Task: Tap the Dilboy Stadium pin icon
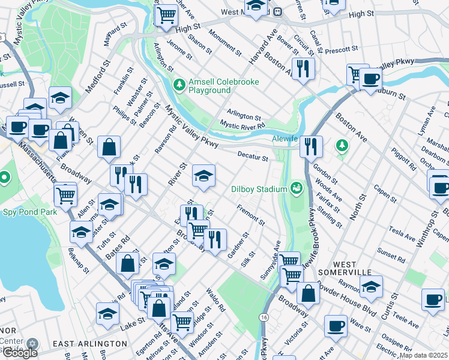pos(295,189)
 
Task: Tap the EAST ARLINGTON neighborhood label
pos(89,344)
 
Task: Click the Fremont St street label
pos(251,214)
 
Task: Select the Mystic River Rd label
pos(242,125)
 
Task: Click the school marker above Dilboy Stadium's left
pos(203,176)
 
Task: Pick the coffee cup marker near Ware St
pos(336,326)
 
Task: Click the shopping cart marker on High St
pos(166,15)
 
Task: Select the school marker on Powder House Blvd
pos(371,286)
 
